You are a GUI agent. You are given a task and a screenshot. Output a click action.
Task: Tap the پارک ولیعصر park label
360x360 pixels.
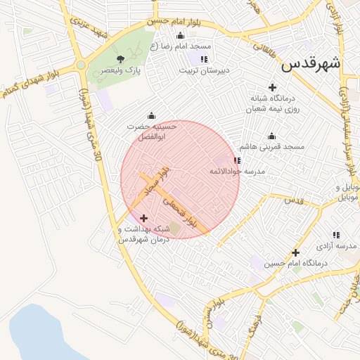[120, 70]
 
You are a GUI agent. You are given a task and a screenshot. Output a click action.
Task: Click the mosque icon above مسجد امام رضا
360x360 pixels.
[181, 36]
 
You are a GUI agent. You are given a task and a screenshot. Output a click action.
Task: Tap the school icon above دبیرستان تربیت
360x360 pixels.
[204, 59]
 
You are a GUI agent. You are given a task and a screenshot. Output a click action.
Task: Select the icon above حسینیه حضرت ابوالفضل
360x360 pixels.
[150, 115]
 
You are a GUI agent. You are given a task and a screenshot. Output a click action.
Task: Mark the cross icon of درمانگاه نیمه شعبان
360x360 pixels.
[272, 87]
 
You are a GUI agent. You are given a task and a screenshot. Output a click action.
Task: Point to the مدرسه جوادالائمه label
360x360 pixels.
[236, 172]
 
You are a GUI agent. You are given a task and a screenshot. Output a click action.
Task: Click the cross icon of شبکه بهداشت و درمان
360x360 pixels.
[144, 218]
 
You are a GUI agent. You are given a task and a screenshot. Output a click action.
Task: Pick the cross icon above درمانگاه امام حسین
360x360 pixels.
[295, 252]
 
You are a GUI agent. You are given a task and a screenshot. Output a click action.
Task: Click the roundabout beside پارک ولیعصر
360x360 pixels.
[81, 65]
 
